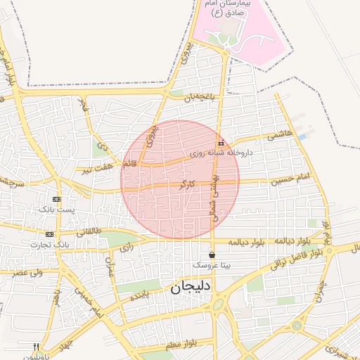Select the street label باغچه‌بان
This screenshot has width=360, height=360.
tap(198, 98)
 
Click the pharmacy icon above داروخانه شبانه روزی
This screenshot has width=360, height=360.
tap(221, 143)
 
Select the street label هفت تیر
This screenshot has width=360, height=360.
tap(96, 169)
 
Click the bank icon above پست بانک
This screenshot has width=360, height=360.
tap(57, 200)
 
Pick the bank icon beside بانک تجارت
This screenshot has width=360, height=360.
tap(49, 234)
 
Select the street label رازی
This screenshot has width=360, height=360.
tap(127, 247)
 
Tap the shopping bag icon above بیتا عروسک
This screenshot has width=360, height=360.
tap(212, 255)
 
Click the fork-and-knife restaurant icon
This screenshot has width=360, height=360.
tap(37, 347)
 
